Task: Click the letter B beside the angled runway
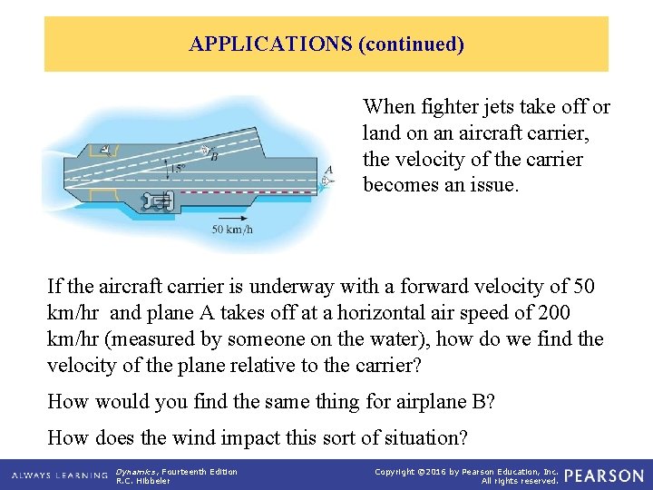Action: pos(214,157)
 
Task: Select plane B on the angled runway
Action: pos(205,150)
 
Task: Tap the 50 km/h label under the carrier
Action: pos(232,230)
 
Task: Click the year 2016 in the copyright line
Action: pos(442,471)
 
